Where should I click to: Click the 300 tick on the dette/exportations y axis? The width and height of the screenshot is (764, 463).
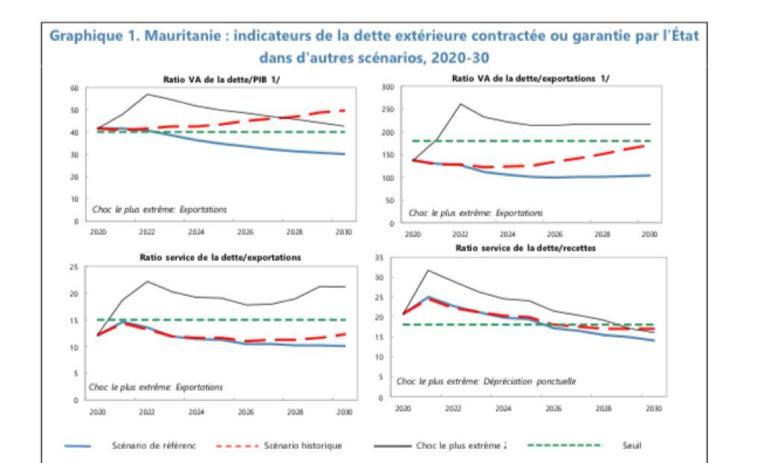pyautogui.click(x=387, y=88)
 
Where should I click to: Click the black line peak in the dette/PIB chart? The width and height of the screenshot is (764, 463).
pyautogui.click(x=147, y=94)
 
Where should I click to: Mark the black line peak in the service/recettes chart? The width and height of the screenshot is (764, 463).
pyautogui.click(x=428, y=270)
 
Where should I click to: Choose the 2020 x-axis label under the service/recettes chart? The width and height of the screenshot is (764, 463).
pyautogui.click(x=403, y=409)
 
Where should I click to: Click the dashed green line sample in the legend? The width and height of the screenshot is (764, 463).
pyautogui.click(x=564, y=446)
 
